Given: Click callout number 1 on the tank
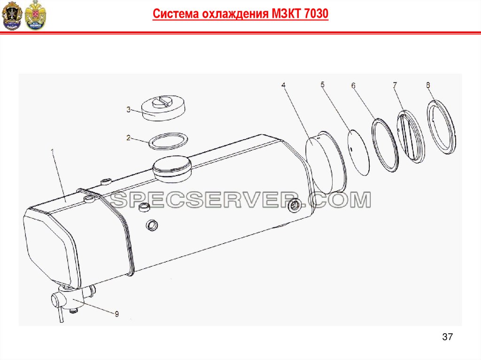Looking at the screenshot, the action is [52, 152].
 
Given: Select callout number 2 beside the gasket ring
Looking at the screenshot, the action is [128, 138].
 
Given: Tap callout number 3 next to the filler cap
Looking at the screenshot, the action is [128, 109].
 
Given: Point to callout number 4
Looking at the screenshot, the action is [283, 85].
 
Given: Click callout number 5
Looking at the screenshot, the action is [322, 84].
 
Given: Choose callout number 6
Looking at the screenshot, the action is [353, 85].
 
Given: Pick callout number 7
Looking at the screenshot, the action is [395, 85].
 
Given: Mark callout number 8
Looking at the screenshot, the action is [428, 85].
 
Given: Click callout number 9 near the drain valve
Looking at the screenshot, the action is [116, 314].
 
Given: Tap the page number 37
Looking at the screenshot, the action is [447, 337].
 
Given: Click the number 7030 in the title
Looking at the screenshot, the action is [317, 14].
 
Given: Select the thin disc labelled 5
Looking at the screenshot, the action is [358, 153].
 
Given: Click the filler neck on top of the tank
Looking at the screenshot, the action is [172, 169].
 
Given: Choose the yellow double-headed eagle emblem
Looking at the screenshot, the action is [35, 15].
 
